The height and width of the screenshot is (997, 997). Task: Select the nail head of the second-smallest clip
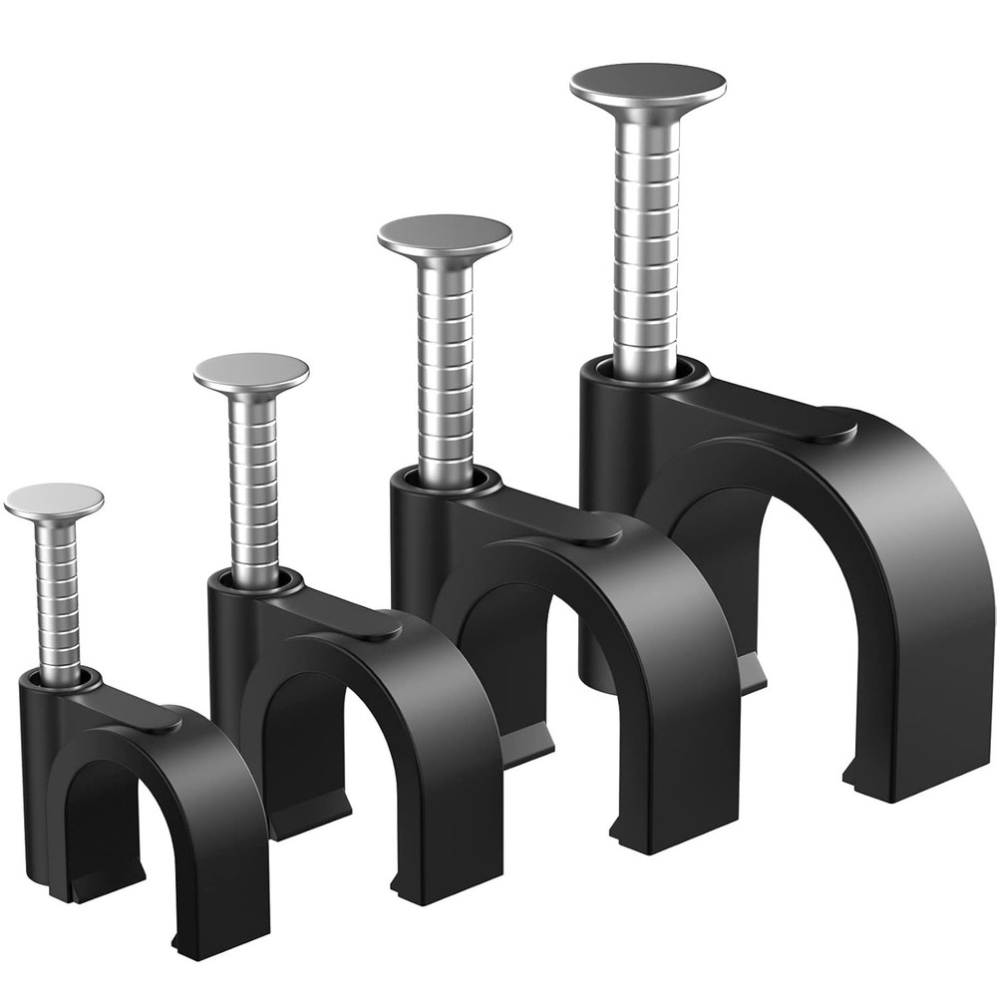(251, 371)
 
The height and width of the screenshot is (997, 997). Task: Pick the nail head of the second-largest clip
(445, 234)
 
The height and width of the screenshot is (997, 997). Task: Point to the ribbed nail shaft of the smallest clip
(59, 598)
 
